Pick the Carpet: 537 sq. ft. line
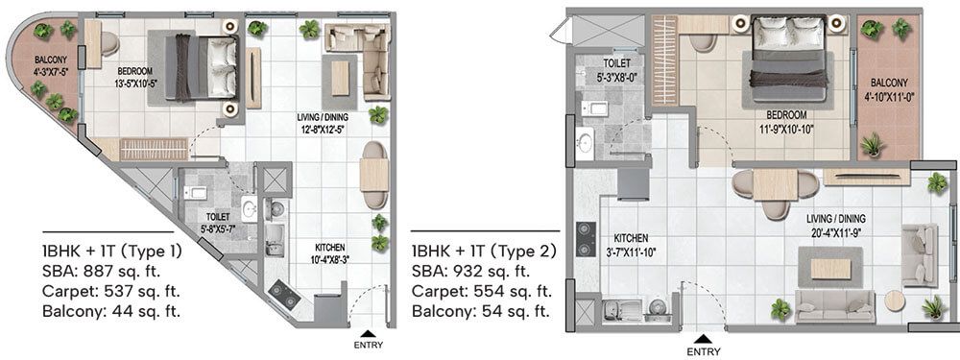coord(111,291)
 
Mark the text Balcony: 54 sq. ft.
coord(480,310)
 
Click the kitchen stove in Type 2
coord(582,235)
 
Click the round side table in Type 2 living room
coord(895,300)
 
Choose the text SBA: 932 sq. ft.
coord(475,272)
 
